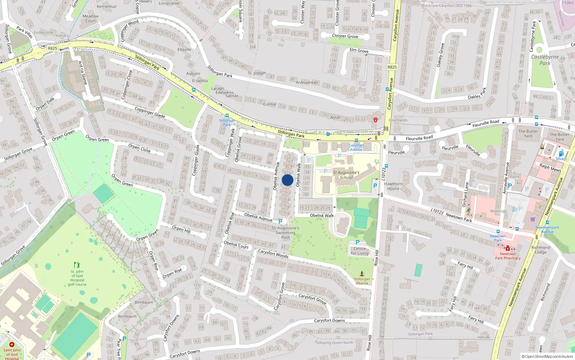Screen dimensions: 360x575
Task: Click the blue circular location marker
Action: coord(287,180)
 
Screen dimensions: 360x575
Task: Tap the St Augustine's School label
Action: coord(346,175)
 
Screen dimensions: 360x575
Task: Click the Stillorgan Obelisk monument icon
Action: coord(362,274)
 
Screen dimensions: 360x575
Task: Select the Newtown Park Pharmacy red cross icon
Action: coord(507,248)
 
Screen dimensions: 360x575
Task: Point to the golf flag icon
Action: coord(77,265)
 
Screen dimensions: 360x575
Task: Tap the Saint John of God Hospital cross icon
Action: coord(12,345)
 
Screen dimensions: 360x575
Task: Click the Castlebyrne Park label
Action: coord(545,60)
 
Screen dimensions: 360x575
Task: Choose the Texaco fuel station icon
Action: coord(561,154)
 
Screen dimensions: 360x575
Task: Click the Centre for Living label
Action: coord(360,251)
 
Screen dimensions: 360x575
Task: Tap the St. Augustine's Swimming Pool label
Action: coord(285,233)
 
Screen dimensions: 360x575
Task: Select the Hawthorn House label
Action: coord(393,186)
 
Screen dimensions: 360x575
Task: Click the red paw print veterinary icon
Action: coord(376,120)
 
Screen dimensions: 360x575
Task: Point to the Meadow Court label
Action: coord(91,18)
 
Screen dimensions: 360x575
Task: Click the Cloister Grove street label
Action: coord(345,36)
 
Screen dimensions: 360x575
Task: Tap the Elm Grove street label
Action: coord(359,50)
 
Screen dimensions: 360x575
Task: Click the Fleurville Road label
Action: coord(419,138)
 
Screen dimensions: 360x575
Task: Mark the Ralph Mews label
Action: coord(550,167)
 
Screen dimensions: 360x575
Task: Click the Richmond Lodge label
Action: coord(540,249)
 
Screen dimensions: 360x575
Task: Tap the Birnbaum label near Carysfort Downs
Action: coord(127,316)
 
